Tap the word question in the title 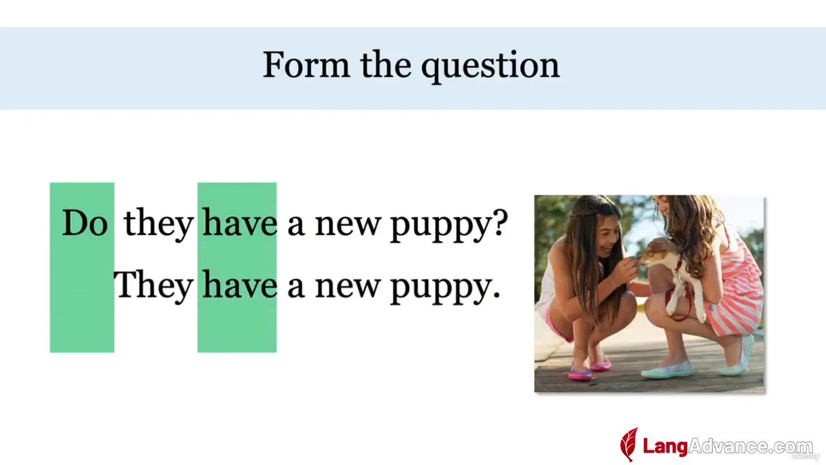(490, 67)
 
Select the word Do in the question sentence (85, 223)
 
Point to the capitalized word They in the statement (154, 286)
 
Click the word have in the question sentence (239, 222)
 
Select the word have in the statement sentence (239, 284)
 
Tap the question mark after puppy (500, 223)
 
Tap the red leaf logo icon (629, 444)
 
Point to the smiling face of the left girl (609, 236)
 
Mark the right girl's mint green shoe (667, 369)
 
